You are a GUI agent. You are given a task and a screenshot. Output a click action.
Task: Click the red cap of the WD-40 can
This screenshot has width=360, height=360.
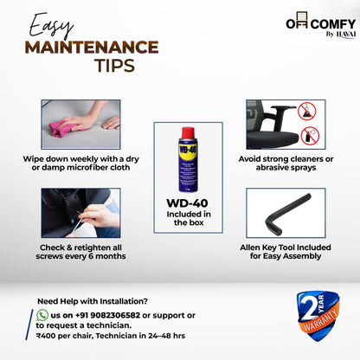pos(188,133)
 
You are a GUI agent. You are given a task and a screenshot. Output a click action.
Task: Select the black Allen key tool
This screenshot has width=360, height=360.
pos(287,214)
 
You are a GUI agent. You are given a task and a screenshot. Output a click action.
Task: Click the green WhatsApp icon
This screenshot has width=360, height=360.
pos(42,315)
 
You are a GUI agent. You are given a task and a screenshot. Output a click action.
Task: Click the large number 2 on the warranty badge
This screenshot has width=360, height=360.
pos(308,307)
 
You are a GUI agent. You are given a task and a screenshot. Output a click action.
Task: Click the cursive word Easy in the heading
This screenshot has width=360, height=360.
pos(50,25)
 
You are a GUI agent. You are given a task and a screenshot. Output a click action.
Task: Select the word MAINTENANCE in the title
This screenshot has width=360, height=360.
pos(92,48)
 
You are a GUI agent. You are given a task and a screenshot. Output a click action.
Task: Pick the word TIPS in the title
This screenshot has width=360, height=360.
pos(115,66)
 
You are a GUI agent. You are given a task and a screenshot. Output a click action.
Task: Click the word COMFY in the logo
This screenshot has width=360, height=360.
pos(333,24)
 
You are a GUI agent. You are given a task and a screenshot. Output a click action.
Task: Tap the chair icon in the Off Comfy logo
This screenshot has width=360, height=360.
pos(301,20)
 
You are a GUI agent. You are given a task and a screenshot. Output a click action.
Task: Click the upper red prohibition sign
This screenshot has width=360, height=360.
pos(307,112)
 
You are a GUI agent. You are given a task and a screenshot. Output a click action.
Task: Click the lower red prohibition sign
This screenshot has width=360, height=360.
pos(310,136)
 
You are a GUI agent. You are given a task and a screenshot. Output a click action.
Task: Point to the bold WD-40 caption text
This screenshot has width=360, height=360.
pos(187,203)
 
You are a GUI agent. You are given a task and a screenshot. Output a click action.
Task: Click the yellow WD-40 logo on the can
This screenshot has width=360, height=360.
pos(188,151)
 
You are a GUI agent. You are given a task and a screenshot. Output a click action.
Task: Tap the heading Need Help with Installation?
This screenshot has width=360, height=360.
pos(93,301)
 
